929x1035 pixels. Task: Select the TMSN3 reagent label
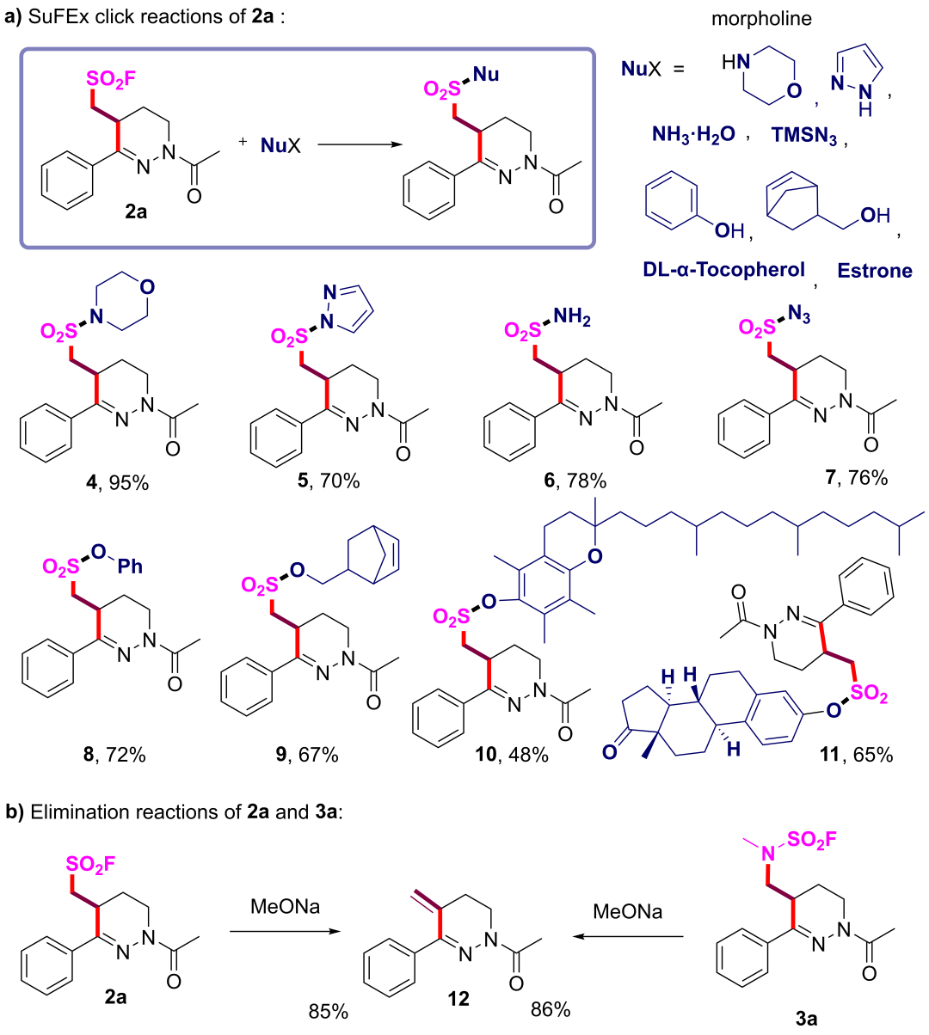pos(803,136)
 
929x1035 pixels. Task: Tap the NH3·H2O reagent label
pos(693,135)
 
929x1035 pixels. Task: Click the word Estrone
pos(875,271)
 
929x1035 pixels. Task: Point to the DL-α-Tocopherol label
pos(723,270)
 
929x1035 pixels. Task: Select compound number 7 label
pos(831,477)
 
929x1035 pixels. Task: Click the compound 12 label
pos(458,998)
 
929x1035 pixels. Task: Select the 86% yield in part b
pos(551,1007)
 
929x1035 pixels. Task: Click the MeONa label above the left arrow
pos(285,907)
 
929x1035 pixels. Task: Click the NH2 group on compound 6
pos(573,320)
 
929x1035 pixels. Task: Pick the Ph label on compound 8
pos(130,566)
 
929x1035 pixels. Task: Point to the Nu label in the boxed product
pos(486,75)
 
